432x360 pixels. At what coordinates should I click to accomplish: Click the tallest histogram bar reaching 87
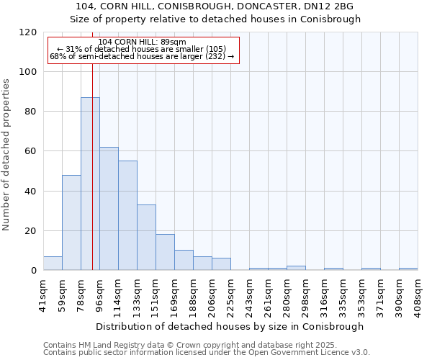pyautogui.click(x=90, y=184)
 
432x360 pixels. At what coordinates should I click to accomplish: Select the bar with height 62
pyautogui.click(x=109, y=209)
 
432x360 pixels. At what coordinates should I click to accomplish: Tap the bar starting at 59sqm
pyautogui.click(x=71, y=222)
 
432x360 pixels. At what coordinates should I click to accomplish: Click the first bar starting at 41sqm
pyautogui.click(x=53, y=264)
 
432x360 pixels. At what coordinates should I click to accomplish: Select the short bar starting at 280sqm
pyautogui.click(x=296, y=268)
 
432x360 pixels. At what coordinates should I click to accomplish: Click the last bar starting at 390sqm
pyautogui.click(x=408, y=269)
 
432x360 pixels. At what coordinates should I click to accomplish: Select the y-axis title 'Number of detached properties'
pyautogui.click(x=6, y=155)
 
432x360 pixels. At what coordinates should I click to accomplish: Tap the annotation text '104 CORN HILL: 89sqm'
pyautogui.click(x=142, y=42)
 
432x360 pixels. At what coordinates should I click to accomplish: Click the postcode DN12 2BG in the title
pyautogui.click(x=331, y=6)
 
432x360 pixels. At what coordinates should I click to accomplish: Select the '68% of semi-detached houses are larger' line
pyautogui.click(x=142, y=56)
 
